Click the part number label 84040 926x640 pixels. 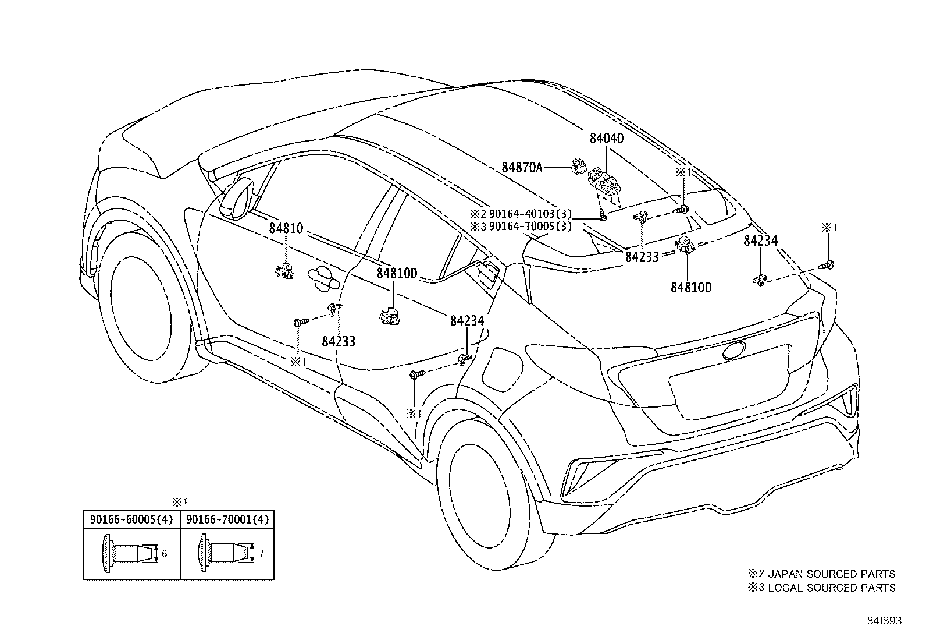click(x=606, y=139)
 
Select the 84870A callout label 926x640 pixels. click(x=522, y=168)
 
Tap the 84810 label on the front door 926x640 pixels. click(x=286, y=228)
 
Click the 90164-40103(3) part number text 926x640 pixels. click(x=530, y=214)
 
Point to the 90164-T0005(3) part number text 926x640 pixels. click(x=530, y=226)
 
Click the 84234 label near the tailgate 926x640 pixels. click(x=760, y=241)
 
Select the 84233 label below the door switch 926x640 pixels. click(x=339, y=342)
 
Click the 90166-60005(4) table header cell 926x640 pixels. click(x=131, y=519)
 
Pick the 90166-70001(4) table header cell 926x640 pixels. click(x=227, y=519)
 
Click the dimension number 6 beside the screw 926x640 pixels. click(x=165, y=554)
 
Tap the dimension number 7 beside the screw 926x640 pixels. click(x=261, y=554)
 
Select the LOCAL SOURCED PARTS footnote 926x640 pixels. click(x=832, y=588)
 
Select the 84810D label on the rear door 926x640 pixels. click(x=397, y=273)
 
